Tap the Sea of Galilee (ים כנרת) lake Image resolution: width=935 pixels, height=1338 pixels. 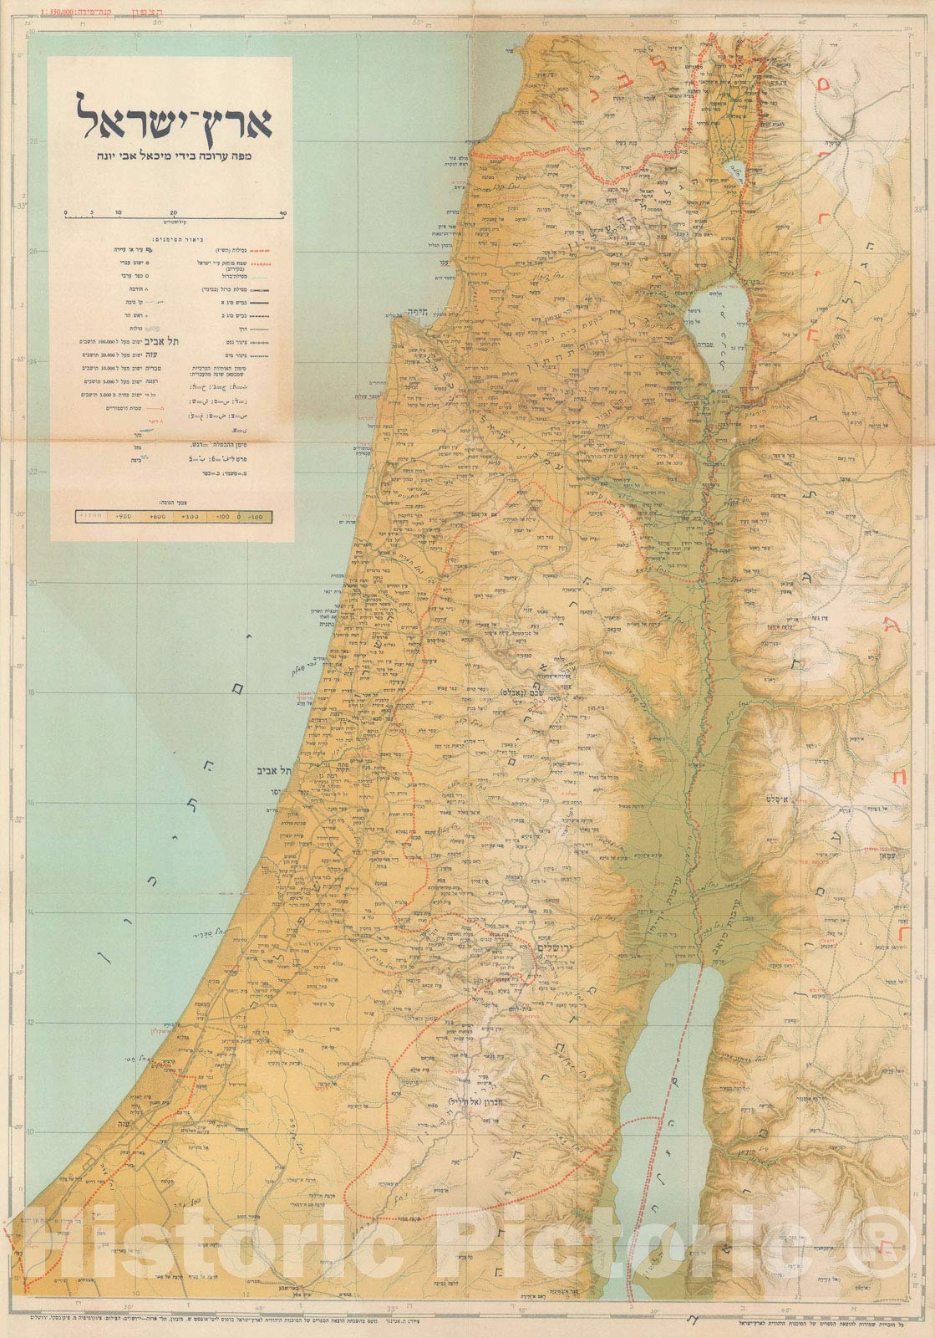[x=719, y=330]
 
